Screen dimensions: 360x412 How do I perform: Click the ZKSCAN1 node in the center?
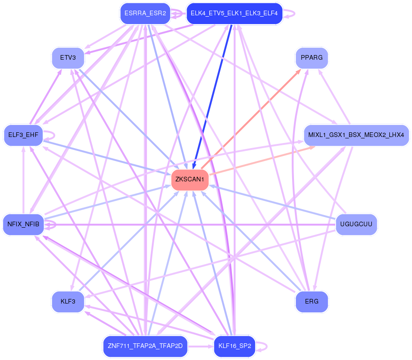click(190, 180)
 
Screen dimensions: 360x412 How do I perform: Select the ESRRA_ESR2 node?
click(145, 13)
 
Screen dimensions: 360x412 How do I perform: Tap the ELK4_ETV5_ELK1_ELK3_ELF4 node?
click(234, 13)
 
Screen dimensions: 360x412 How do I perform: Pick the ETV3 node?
click(68, 59)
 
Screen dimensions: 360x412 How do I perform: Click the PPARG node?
click(312, 59)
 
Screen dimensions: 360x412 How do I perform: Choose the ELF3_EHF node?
click(24, 135)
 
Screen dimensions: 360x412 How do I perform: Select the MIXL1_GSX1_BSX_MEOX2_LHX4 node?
click(356, 135)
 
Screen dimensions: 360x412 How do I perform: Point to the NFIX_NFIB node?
click(24, 225)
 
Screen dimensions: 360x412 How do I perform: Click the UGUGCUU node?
click(356, 225)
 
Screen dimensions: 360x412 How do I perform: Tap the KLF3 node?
click(68, 302)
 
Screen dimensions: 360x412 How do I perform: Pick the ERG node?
click(312, 302)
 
